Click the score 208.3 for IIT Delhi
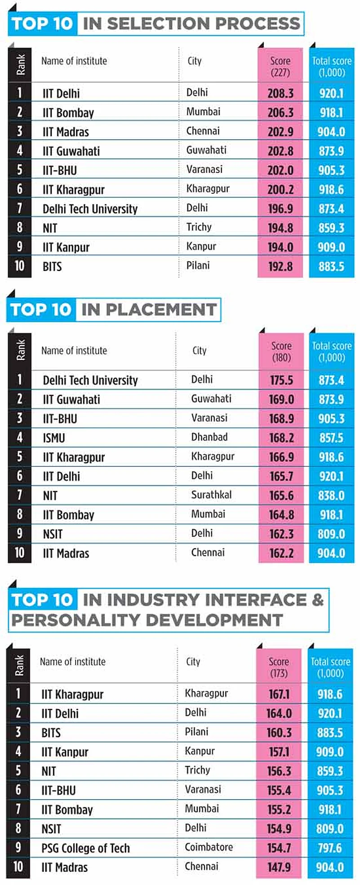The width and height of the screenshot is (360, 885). pos(280,93)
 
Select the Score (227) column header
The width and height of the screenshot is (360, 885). pos(280,66)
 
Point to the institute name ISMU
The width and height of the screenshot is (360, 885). pos(54,438)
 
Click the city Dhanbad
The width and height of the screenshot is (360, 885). pos(209,437)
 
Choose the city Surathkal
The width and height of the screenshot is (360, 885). pos(211,495)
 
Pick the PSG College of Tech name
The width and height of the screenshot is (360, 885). pos(85,848)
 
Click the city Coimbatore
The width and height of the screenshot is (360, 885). pos(209,847)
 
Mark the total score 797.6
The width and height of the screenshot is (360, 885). pos(330,848)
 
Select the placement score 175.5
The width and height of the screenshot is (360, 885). pos(281,380)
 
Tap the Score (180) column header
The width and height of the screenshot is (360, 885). pos(281,351)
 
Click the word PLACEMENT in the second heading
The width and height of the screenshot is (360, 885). pos(149,310)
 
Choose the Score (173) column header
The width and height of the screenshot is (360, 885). pos(279,667)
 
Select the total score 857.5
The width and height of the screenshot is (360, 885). pos(331,438)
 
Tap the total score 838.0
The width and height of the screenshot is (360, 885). pos(331,495)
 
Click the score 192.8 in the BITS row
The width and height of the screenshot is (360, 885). pos(280,267)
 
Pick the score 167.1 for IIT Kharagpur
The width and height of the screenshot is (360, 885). pos(279,694)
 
